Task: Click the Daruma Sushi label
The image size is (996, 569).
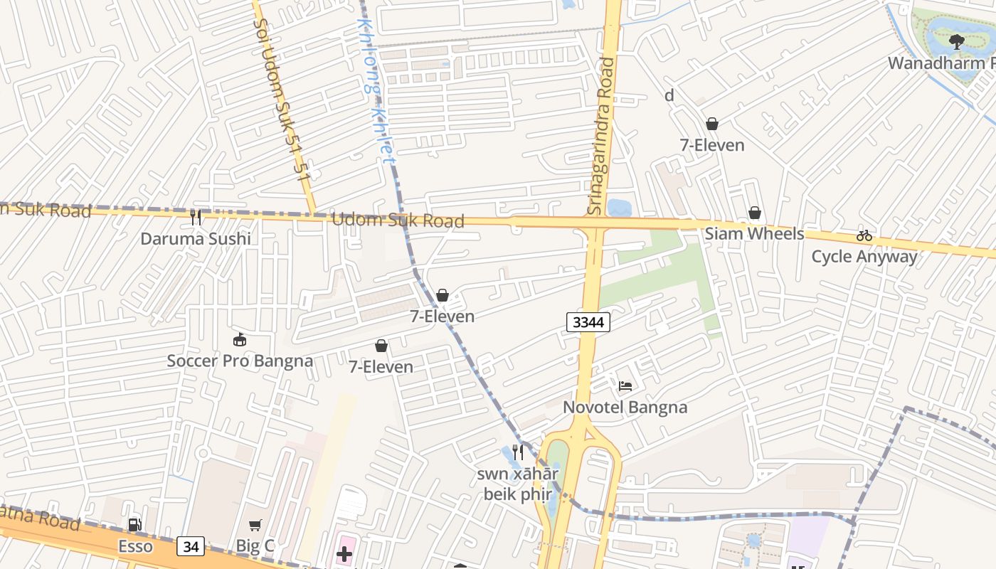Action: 196,238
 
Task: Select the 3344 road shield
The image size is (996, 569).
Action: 588,322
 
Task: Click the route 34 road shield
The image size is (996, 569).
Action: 191,546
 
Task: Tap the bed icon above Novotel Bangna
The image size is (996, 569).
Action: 625,385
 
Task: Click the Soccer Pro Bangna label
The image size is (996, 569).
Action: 240,361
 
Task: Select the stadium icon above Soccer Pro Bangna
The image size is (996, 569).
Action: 240,339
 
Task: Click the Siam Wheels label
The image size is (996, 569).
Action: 754,234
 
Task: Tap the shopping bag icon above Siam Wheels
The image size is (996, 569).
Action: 754,213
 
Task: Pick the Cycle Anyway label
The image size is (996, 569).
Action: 864,257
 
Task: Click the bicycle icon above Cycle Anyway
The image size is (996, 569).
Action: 864,235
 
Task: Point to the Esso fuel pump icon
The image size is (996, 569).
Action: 134,525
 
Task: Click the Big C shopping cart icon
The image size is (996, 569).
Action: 255,525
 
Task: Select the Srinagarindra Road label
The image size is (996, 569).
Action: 601,135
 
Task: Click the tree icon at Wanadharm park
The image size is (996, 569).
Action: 956,41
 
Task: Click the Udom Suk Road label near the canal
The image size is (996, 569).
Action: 398,220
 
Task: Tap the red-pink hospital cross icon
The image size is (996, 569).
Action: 344,554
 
